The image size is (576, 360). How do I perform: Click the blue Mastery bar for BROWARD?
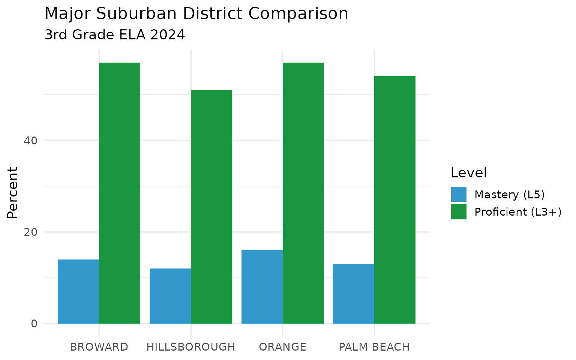point(78,291)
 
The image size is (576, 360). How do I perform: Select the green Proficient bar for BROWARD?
point(120,193)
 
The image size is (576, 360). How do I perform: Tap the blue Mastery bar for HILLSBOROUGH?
point(170,296)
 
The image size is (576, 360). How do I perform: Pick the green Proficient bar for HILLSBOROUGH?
point(211,207)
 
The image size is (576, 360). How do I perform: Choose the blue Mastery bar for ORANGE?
point(262,287)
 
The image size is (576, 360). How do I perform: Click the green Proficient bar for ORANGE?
point(303,193)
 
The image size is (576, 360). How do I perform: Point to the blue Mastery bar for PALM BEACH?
point(354,294)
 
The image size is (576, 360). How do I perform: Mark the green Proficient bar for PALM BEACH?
point(395,200)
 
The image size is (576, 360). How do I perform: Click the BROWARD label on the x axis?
point(99,347)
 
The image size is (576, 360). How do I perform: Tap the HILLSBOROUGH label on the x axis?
point(191,347)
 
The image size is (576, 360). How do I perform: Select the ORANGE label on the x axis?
point(283,347)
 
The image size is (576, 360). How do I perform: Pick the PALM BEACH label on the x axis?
point(374,347)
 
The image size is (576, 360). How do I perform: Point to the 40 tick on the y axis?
point(30,141)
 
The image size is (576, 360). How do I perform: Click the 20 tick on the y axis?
point(30,232)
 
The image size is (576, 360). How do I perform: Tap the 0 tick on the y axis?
point(34,324)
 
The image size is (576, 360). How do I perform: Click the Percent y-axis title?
point(13,192)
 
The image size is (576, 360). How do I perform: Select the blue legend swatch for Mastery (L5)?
point(459,195)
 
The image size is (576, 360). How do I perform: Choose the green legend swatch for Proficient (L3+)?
point(459,212)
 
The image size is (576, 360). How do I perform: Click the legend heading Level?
point(468,173)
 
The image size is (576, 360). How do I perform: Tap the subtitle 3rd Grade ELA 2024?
point(115,35)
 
